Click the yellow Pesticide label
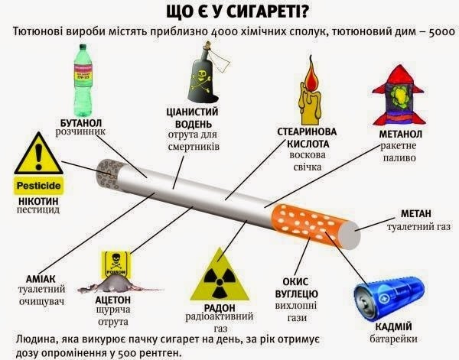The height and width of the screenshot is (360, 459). tap(37, 184)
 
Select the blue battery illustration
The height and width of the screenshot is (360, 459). tap(388, 299)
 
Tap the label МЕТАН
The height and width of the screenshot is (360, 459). tap(416, 214)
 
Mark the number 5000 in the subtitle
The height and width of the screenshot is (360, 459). tap(439, 32)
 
